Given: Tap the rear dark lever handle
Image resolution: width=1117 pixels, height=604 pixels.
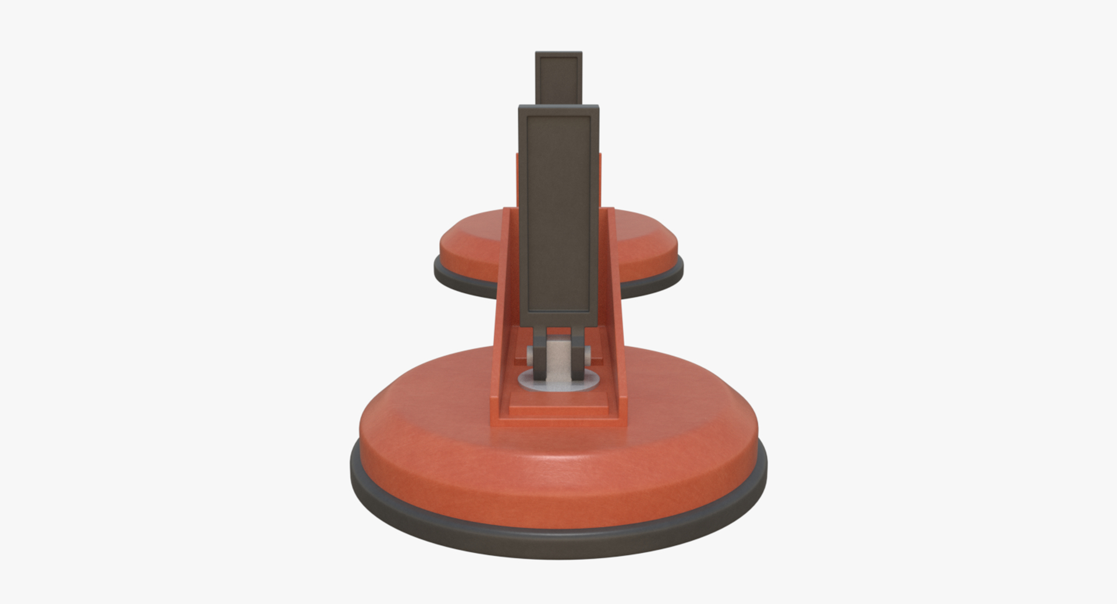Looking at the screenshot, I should (558, 79).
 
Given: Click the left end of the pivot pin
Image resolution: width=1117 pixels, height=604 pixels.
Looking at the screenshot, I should (531, 353).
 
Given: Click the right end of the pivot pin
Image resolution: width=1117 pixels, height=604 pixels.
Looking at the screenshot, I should (586, 353).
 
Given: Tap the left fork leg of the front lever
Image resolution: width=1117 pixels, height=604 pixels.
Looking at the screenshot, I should (539, 349).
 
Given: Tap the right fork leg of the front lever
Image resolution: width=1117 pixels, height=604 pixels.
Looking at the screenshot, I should (578, 349).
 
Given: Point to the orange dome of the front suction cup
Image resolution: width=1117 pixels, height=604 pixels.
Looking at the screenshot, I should (558, 471).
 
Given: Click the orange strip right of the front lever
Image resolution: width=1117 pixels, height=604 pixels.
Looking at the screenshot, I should (600, 180).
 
